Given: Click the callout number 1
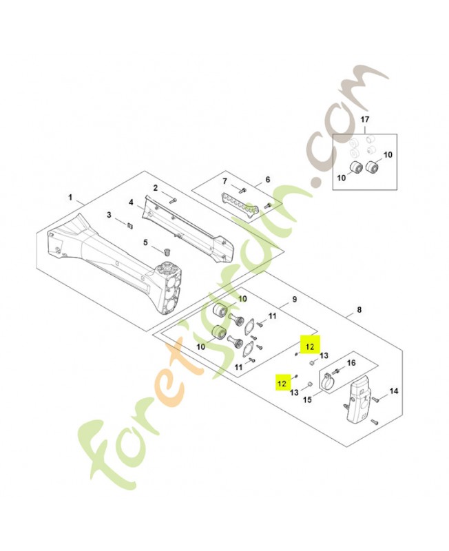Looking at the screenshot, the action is [70, 198].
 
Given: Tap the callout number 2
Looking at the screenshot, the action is [155, 188].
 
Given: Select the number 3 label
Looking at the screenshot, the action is [109, 214].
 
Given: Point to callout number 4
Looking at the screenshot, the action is [131, 202].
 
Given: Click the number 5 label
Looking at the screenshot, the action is [145, 242].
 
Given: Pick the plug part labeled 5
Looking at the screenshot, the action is [166, 251].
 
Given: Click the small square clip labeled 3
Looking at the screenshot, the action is [129, 226].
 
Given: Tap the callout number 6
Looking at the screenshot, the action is [268, 180].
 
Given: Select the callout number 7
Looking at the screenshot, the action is [225, 181].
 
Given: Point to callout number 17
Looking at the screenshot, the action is [365, 119].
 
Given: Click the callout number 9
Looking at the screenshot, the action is [295, 300].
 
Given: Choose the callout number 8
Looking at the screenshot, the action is [359, 310].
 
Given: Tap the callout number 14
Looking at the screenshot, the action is [394, 391].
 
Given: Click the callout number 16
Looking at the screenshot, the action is [351, 363].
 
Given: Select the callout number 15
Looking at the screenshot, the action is [307, 400].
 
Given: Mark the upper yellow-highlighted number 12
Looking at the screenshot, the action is [310, 347].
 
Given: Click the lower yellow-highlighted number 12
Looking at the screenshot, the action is [282, 384].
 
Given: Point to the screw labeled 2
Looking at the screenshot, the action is [172, 201].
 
